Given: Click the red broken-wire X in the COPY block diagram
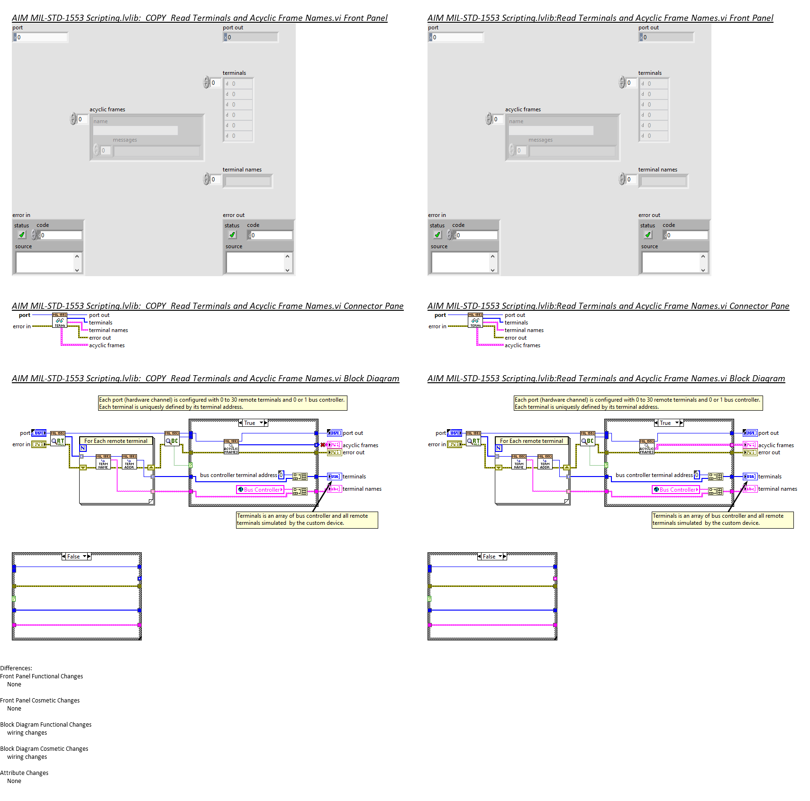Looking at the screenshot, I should pyautogui.click(x=323, y=445).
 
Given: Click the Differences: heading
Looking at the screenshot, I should pyautogui.click(x=16, y=668).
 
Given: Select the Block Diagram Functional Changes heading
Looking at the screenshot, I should pyautogui.click(x=46, y=725).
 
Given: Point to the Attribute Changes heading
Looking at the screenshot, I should pyautogui.click(x=24, y=773).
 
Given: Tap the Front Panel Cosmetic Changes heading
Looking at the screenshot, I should pyautogui.click(x=40, y=701).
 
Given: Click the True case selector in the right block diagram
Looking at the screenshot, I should pyautogui.click(x=669, y=423).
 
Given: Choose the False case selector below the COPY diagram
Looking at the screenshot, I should pyautogui.click(x=76, y=557).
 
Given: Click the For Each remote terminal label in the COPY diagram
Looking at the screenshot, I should pyautogui.click(x=116, y=441).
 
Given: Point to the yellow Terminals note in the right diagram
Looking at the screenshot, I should pyautogui.click(x=722, y=520).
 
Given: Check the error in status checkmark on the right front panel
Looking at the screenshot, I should pyautogui.click(x=437, y=235).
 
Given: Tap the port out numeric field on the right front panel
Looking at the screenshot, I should pyautogui.click(x=668, y=37).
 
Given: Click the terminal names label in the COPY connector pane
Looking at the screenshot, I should pyautogui.click(x=109, y=330).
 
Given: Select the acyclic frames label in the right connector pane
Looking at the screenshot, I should pyautogui.click(x=522, y=345).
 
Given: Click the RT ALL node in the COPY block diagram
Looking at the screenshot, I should pyautogui.click(x=58, y=441).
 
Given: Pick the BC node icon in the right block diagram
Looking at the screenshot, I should pyautogui.click(x=588, y=441).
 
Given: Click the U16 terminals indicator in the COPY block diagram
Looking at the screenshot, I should pyautogui.click(x=334, y=477).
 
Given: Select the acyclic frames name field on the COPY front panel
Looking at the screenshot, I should pyautogui.click(x=136, y=130).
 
